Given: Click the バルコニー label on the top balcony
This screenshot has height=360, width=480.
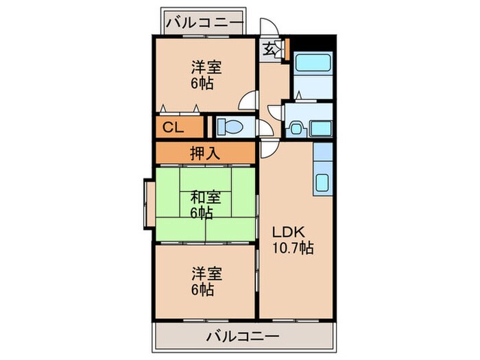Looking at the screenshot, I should pyautogui.click(x=204, y=23).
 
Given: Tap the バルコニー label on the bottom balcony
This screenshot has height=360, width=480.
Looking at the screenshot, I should pyautogui.click(x=242, y=337).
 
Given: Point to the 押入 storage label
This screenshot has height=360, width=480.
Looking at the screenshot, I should pyautogui.click(x=204, y=153).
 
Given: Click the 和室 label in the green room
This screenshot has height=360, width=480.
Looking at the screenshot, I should pyautogui.click(x=206, y=198).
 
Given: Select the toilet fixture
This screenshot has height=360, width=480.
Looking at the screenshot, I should pyautogui.click(x=227, y=127).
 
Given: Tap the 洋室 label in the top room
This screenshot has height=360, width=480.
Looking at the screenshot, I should pyautogui.click(x=206, y=68).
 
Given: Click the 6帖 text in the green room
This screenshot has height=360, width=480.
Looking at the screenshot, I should pyautogui.click(x=202, y=213).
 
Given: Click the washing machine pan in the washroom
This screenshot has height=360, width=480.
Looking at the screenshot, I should pyautogui.click(x=320, y=128).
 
